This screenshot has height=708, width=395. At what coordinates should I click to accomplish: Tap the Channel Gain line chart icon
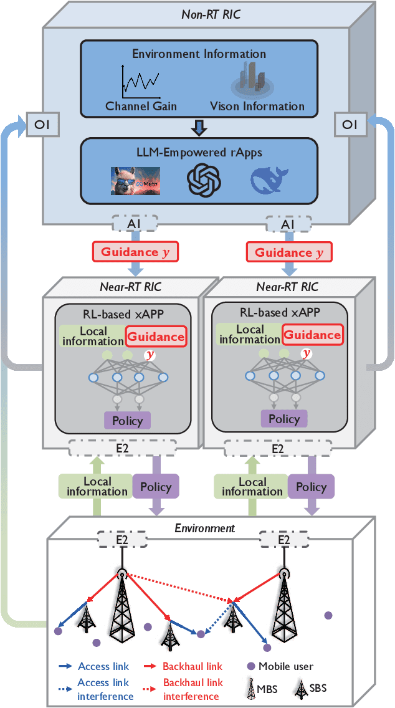click(x=140, y=80)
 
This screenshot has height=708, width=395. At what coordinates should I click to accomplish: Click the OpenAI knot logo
click(x=204, y=179)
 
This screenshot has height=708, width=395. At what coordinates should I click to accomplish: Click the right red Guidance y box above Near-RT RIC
click(x=289, y=252)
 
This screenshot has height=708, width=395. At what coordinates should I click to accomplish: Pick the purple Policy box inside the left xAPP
click(x=126, y=420)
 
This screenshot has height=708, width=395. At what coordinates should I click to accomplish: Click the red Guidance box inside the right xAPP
click(x=312, y=335)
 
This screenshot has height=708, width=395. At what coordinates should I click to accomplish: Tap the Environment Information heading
click(x=199, y=54)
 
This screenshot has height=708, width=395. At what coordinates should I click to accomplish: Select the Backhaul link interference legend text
click(x=193, y=689)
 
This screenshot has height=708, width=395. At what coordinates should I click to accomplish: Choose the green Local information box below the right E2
click(x=252, y=487)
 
